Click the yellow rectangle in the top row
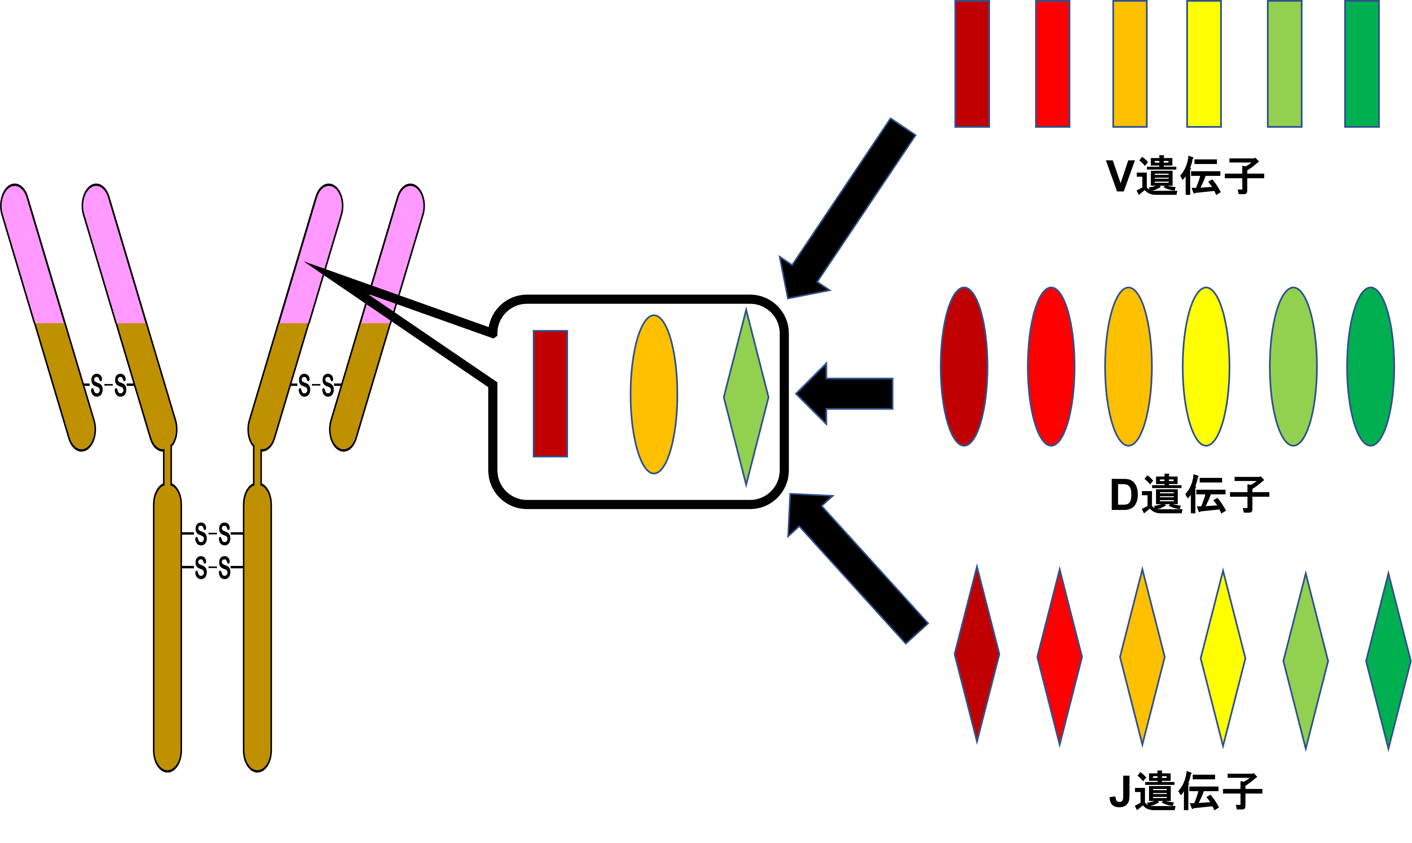point(1204,64)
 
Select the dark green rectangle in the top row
point(1361,64)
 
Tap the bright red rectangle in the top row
point(1052,64)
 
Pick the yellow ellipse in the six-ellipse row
point(1206,366)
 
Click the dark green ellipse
point(1370,366)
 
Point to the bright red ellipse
point(1051,366)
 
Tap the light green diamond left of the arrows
point(746,398)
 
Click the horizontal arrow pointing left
point(847,394)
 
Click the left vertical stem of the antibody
point(167,625)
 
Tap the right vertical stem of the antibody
point(257,625)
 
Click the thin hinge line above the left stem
point(167,466)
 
